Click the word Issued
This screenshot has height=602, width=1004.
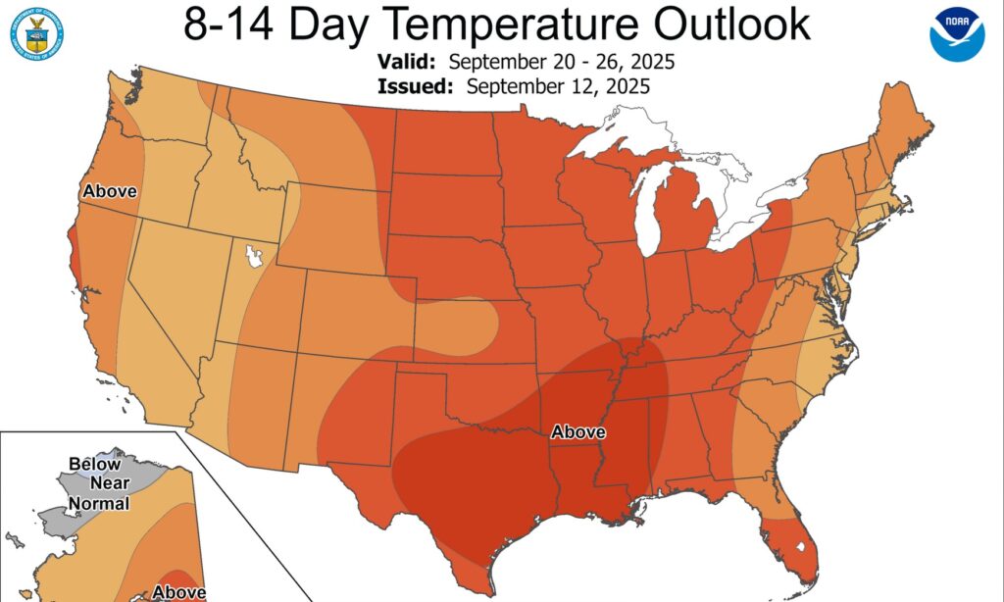414,85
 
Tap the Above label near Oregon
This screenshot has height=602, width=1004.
110,191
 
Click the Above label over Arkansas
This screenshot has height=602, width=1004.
578,431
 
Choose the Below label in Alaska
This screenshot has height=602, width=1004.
94,464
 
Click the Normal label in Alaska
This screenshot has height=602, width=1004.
98,504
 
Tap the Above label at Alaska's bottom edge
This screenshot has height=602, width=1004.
179,592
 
